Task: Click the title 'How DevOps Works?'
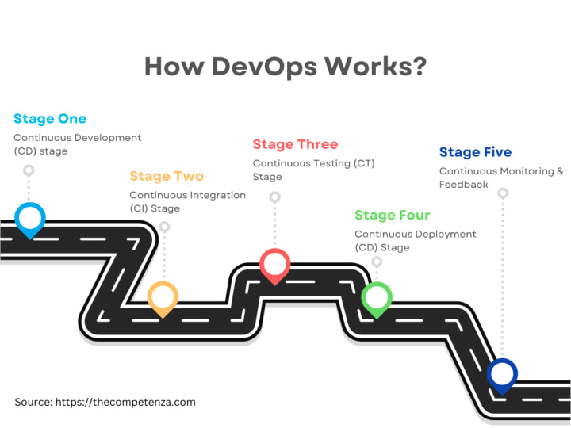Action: tap(285, 67)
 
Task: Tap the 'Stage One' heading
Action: tap(50, 119)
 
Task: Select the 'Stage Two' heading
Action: tap(167, 176)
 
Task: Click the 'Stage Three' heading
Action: tap(295, 144)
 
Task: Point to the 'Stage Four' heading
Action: tap(393, 215)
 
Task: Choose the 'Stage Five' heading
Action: tap(475, 152)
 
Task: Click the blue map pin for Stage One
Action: tap(30, 218)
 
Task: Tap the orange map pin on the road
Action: tap(163, 297)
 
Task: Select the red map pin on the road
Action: tap(275, 264)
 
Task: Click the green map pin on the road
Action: tap(376, 298)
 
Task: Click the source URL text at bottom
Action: tap(105, 402)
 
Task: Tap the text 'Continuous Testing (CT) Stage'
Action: tap(313, 170)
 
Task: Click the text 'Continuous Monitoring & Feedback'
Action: tap(501, 178)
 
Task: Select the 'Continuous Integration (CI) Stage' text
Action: tap(187, 201)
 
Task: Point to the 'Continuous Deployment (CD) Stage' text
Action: tap(415, 240)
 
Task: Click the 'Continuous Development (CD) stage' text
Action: tap(77, 143)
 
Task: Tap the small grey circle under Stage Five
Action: tap(503, 193)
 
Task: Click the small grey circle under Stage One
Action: tap(29, 170)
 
